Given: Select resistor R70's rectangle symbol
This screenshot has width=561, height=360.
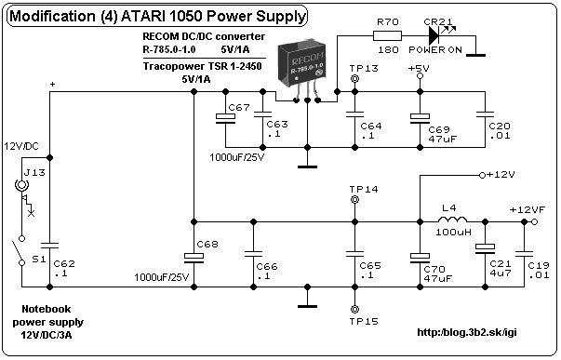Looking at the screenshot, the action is [x=387, y=35].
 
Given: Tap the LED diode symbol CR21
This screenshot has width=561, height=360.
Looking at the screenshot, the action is [x=434, y=35].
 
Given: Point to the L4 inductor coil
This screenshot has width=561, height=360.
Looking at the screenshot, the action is [x=452, y=219].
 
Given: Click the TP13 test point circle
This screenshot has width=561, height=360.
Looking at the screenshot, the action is [x=354, y=79].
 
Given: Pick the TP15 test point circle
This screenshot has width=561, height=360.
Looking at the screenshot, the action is [x=354, y=309].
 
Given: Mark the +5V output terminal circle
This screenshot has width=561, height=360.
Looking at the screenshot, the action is [x=420, y=76].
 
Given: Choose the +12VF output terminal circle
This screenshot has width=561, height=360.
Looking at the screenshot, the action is [x=535, y=222].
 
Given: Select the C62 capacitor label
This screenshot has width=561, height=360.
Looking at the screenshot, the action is [x=64, y=264].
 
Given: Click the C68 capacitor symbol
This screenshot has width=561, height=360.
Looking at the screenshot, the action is [x=194, y=258].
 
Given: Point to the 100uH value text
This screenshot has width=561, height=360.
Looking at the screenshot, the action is [x=453, y=233].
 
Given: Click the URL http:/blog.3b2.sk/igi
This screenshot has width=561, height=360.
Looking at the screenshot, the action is [x=467, y=332].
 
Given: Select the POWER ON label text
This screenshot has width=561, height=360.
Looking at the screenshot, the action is [x=435, y=49].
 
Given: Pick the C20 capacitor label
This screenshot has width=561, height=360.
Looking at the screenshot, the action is [x=500, y=126].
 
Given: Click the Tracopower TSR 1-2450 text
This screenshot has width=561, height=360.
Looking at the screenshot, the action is [x=202, y=66].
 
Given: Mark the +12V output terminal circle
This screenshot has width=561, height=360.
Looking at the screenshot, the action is [x=482, y=175].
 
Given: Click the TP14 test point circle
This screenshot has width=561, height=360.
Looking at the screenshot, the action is [x=354, y=200].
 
